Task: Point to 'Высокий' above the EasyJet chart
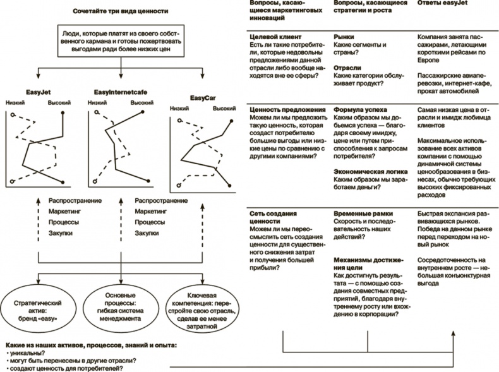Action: pyautogui.click(x=60, y=102)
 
